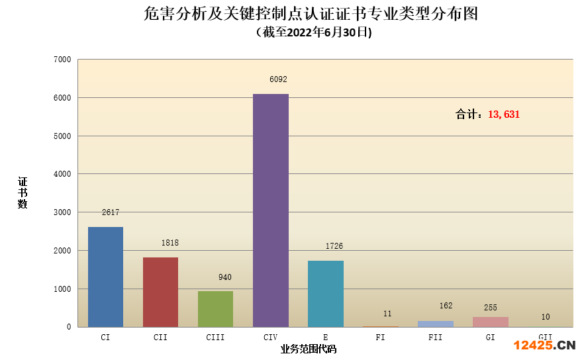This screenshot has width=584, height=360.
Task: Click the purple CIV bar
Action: tap(270, 210)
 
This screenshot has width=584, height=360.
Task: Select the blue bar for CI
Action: tap(105, 277)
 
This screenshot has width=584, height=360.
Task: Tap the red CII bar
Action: tap(160, 292)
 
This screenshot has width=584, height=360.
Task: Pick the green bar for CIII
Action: tap(215, 308)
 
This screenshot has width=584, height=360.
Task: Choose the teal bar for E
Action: tap(325, 293)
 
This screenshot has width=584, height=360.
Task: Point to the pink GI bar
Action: tap(490, 322)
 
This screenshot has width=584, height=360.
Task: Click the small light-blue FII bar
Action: tap(435, 324)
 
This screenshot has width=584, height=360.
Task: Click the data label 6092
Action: tap(278, 79)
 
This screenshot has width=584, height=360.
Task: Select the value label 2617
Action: tap(111, 212)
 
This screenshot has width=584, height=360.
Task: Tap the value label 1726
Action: tap(334, 246)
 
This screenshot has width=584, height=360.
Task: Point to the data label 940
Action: tap(225, 277)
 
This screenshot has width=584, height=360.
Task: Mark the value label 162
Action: tap(446, 306)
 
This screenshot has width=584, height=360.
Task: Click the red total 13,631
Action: tap(504, 114)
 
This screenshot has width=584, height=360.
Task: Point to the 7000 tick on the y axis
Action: tap(62, 60)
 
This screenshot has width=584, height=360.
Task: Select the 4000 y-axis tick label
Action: tap(62, 174)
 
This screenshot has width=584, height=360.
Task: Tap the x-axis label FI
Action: tap(380, 337)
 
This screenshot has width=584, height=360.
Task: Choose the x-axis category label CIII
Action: tap(215, 337)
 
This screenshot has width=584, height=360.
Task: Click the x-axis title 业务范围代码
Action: tap(308, 349)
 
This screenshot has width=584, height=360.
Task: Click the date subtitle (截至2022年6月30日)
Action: tap(313, 32)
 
